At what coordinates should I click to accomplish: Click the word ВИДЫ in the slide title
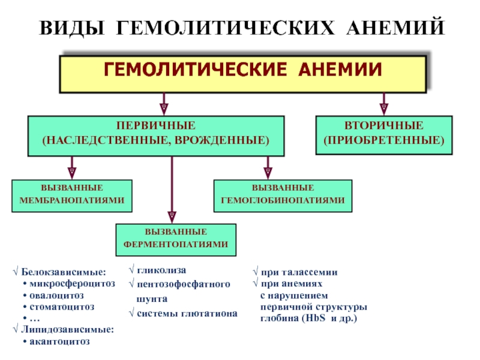(x=72, y=28)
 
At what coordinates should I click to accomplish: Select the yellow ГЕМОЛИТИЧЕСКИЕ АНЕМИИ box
(x=243, y=74)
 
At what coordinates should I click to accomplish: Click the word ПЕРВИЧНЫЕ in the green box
(x=156, y=125)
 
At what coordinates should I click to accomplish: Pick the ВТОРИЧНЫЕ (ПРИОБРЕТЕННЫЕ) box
(x=384, y=135)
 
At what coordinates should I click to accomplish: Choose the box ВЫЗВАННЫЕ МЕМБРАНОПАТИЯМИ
(x=72, y=196)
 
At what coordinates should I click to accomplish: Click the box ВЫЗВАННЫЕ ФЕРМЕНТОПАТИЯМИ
(x=176, y=240)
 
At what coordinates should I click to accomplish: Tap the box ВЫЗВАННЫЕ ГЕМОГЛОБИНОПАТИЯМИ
(x=283, y=196)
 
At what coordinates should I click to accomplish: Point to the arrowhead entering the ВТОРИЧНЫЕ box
(x=384, y=109)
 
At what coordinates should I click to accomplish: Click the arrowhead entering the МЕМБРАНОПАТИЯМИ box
(x=72, y=173)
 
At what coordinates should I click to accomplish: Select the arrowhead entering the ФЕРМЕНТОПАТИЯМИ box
(x=172, y=217)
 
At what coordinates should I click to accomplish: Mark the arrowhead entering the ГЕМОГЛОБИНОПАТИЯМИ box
(x=268, y=173)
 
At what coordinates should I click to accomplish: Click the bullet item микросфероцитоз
(x=72, y=284)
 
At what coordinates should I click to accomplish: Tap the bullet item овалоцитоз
(x=56, y=295)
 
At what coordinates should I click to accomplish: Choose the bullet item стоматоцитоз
(x=62, y=307)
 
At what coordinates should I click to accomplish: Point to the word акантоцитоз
(x=59, y=341)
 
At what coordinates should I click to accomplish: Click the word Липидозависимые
(x=67, y=329)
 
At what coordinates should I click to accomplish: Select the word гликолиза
(x=161, y=271)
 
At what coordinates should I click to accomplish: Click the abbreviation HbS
(x=316, y=318)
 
